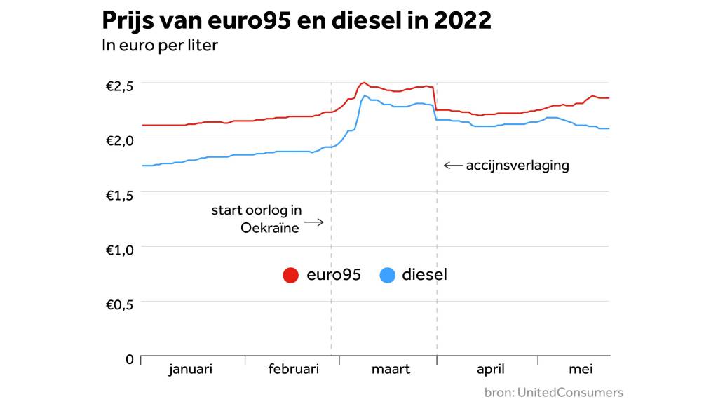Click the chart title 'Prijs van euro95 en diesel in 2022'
[297, 20]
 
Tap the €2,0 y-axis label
[119, 140]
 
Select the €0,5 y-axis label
[119, 304]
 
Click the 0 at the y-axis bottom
[129, 359]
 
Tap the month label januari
[190, 369]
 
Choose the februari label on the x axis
[293, 369]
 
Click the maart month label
[390, 369]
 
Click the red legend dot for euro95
[291, 276]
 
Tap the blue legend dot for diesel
[387, 276]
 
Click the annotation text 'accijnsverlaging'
[517, 166]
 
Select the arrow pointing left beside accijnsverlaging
[453, 166]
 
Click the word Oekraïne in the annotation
[269, 227]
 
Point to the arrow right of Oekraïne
[313, 223]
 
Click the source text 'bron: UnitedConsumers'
[553, 392]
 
